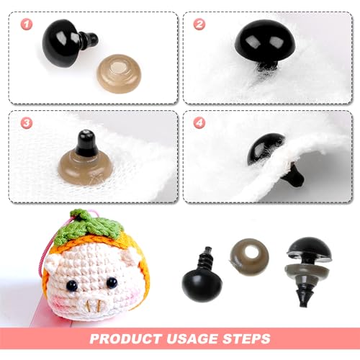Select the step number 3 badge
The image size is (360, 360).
point(27,123)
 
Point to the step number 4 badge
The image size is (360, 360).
point(199,123)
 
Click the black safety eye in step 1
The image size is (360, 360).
point(63,43)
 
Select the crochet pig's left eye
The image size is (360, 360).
point(71,286)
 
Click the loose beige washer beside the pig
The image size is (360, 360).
point(248,256)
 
